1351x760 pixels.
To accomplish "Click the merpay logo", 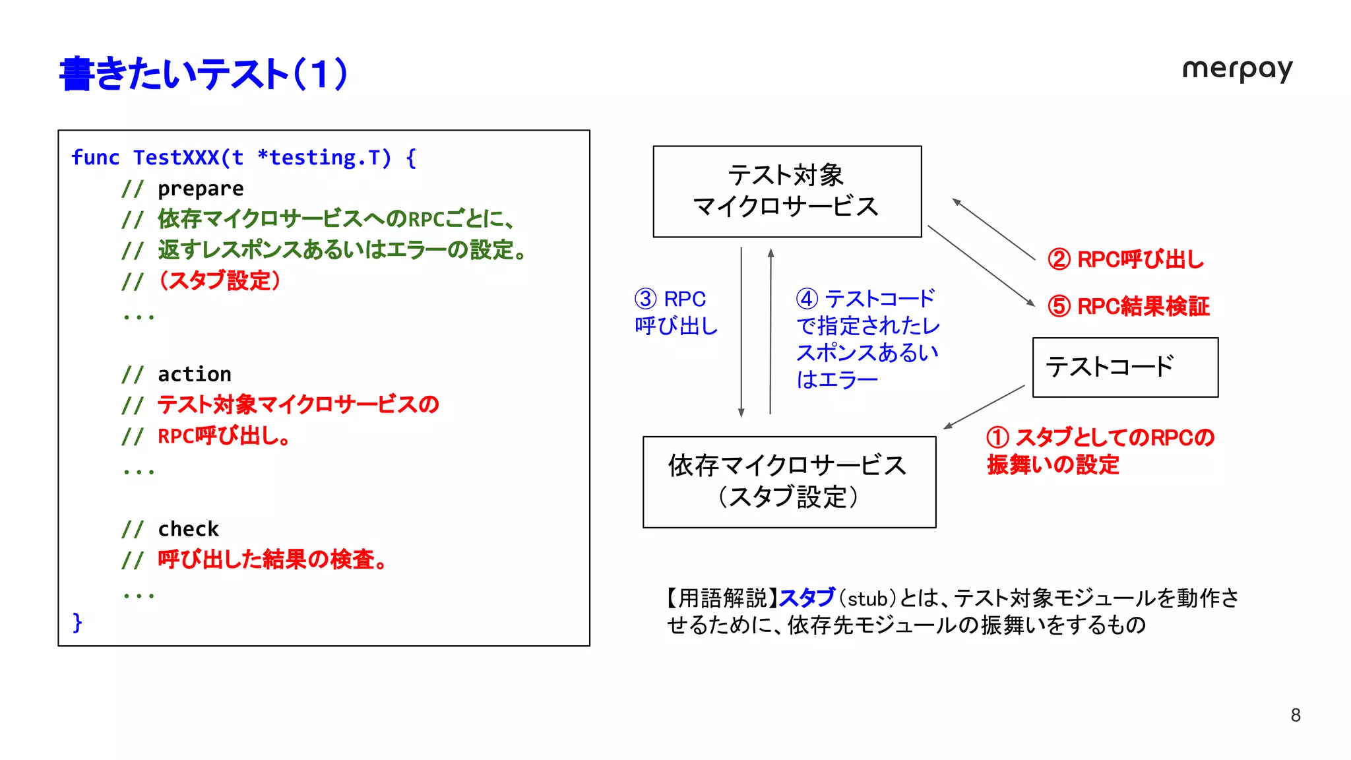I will tap(1237, 69).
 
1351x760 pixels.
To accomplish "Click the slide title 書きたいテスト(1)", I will tap(203, 73).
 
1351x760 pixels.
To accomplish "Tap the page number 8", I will tap(1296, 715).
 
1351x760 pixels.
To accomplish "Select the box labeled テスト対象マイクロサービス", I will tap(786, 191).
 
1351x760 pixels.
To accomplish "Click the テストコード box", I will tap(1125, 367).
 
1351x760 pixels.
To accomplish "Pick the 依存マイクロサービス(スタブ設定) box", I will tap(789, 482).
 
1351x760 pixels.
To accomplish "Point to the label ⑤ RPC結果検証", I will tap(1129, 306).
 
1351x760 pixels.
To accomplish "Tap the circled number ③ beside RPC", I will tap(646, 299).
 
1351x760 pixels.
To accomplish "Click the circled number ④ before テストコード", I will tap(807, 299).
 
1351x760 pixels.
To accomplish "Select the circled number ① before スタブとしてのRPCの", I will tap(997, 437).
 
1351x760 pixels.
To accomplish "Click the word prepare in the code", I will tap(201, 189).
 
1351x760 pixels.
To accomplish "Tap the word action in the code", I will tap(195, 374).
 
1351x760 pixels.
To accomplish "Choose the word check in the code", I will tap(188, 528).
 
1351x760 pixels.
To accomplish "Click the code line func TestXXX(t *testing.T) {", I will tap(243, 158).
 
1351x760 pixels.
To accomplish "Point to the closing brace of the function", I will tap(77, 621).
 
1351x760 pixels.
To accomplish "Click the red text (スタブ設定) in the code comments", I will tap(220, 280).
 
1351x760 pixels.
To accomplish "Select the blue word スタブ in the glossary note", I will tap(807, 598).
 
